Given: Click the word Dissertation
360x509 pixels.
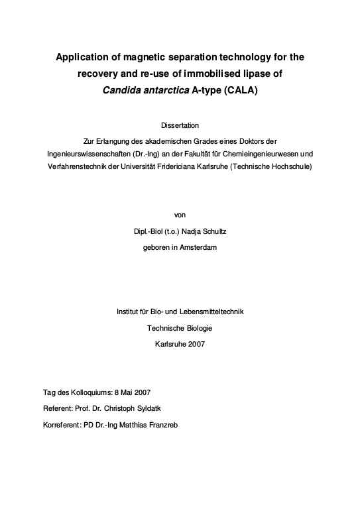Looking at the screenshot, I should [180, 125].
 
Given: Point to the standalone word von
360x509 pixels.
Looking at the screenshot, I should [180, 215].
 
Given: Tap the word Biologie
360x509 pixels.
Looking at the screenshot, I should [198, 327].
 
